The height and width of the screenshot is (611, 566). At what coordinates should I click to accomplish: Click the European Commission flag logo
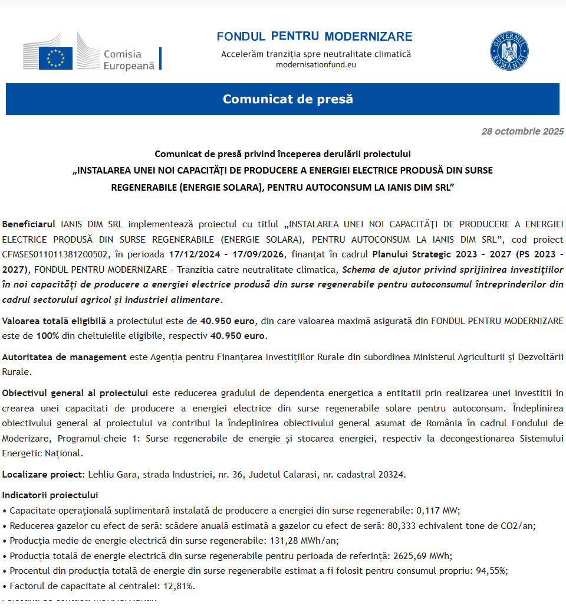coord(56,58)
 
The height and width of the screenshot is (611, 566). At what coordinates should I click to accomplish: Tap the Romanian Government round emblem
coord(509,51)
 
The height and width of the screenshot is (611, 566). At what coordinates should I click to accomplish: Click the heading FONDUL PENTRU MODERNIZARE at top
coord(314,37)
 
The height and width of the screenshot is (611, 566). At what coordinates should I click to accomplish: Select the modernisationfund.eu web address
coord(316,64)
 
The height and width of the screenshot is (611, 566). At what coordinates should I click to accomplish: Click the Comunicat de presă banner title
coord(288,99)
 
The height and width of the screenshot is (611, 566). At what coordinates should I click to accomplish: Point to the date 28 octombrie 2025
coord(522,132)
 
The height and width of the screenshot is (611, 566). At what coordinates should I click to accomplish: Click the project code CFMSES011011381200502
coord(55,254)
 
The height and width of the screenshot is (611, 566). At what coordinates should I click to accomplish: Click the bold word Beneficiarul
coord(29,224)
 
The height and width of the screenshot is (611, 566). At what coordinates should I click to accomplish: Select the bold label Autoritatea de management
coord(64,357)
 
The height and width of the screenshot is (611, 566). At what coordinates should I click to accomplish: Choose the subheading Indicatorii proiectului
coord(50,495)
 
